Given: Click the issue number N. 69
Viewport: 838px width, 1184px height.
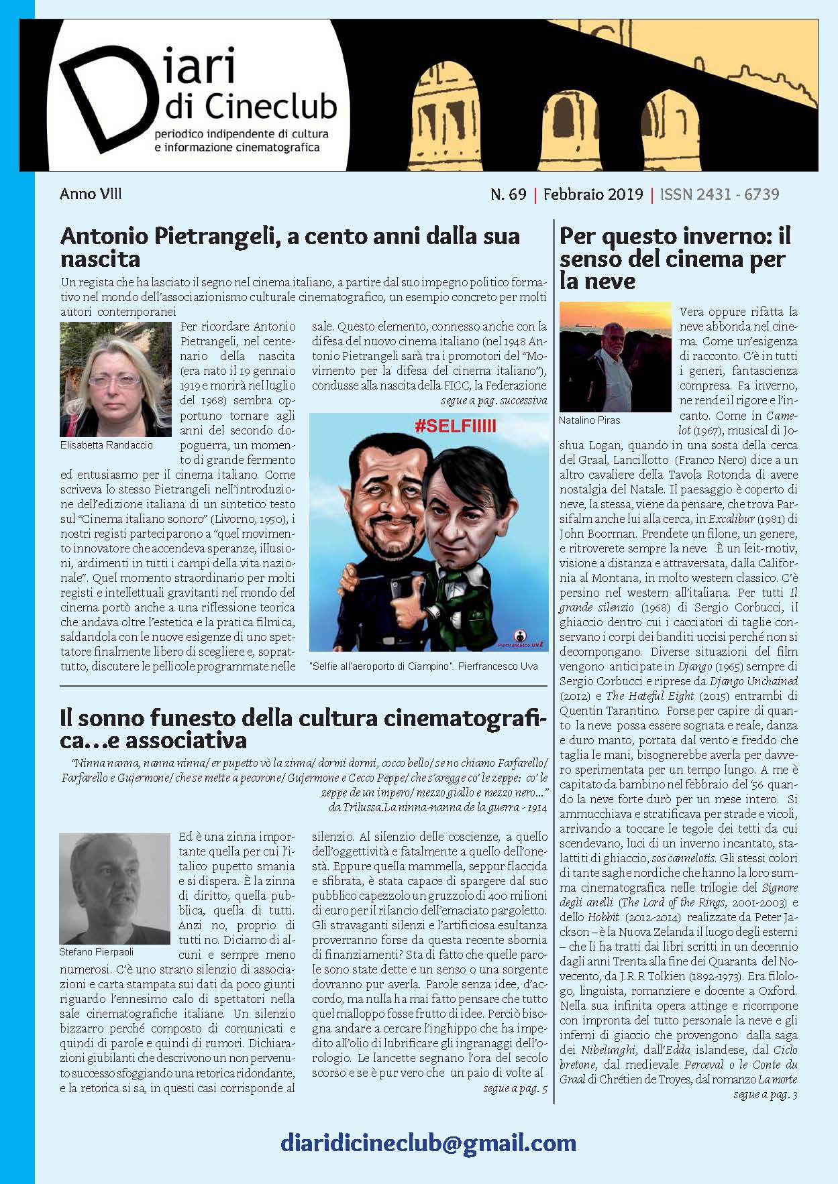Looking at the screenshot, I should point(508,194).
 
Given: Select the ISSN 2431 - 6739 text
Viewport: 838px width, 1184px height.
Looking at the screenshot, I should point(719,194).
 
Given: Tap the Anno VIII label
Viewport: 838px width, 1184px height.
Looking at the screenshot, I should point(91,194).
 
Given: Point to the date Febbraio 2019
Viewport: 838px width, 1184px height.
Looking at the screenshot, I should point(592,194).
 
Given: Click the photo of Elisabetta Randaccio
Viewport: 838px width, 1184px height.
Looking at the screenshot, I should point(106,379).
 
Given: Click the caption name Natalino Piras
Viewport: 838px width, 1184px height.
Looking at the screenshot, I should point(589,420).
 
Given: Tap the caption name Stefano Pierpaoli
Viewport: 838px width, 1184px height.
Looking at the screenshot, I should point(96,951).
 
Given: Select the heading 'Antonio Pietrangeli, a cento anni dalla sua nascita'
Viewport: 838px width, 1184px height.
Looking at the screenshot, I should point(290,247).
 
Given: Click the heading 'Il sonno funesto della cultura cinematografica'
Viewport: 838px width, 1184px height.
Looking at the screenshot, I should point(303,729).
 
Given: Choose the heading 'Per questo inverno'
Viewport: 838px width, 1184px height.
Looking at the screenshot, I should point(675,258).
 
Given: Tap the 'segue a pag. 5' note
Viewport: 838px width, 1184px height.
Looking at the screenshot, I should point(515,1089).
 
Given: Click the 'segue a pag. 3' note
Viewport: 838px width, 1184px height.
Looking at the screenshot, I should point(765,1095).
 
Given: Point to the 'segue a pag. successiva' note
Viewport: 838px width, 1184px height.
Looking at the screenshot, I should point(493,401).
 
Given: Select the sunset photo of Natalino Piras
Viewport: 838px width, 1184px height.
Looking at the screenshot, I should point(615,357).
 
